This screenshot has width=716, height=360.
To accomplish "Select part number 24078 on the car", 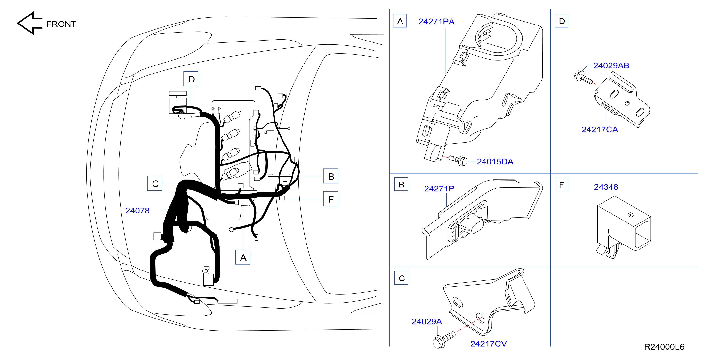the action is point(137,210).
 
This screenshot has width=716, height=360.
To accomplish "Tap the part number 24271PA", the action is point(436,21).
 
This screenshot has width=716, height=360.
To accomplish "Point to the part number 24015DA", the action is point(495,162).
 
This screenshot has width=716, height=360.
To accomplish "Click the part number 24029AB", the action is point(611,65).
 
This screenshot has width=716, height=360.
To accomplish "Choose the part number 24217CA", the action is point(600,130).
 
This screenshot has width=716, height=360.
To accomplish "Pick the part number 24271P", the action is point(439,189).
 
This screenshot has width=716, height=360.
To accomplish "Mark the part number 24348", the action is point(606,187).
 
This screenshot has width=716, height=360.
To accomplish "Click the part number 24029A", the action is point(427,322).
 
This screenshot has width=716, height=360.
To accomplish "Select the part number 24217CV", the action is point(488,344).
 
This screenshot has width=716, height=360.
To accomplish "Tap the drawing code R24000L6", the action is point(664,347).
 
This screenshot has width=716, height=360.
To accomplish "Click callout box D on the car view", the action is point(191,79).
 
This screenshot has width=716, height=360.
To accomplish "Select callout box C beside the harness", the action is point(155,183).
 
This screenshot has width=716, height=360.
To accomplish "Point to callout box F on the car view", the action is point(331,199).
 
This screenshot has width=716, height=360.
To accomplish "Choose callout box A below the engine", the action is point(243,257).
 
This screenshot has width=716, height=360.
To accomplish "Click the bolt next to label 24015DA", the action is point(458,160).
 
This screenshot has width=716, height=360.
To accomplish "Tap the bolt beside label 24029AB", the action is point(583,78).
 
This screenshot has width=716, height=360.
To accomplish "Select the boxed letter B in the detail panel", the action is point(401,184).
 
